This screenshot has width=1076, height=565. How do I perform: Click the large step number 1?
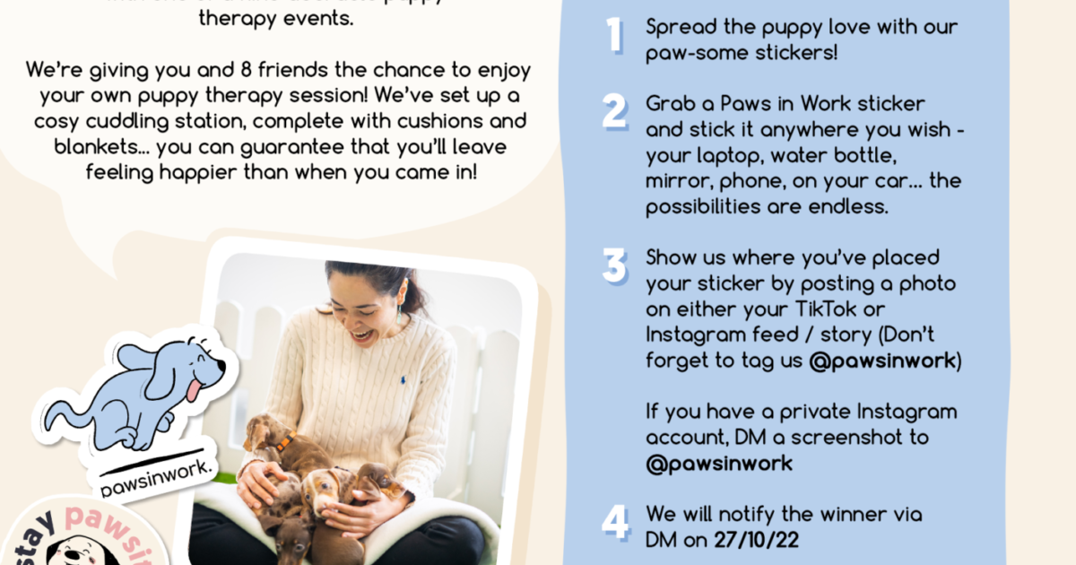tap(615, 35)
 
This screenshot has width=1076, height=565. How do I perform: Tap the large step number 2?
tap(615, 112)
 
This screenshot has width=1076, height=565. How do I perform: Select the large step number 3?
tap(615, 266)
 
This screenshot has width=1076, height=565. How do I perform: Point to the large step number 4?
tap(615, 524)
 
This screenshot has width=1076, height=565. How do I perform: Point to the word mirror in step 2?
tap(673, 181)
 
